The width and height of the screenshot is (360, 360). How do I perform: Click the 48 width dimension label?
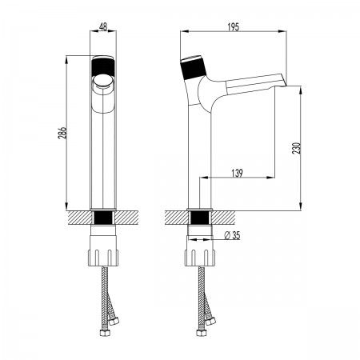[103, 26]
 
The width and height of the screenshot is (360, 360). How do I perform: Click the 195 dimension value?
[234, 27]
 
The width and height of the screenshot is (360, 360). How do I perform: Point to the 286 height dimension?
[62, 133]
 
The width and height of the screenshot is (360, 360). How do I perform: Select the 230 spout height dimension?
[297, 148]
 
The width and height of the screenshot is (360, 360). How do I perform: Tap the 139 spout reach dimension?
[237, 173]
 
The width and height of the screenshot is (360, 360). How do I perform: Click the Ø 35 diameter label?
[232, 235]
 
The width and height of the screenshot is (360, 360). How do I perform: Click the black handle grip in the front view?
[103, 68]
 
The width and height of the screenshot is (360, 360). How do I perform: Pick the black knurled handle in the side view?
[194, 69]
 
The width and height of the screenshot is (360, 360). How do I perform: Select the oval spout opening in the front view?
[103, 81]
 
